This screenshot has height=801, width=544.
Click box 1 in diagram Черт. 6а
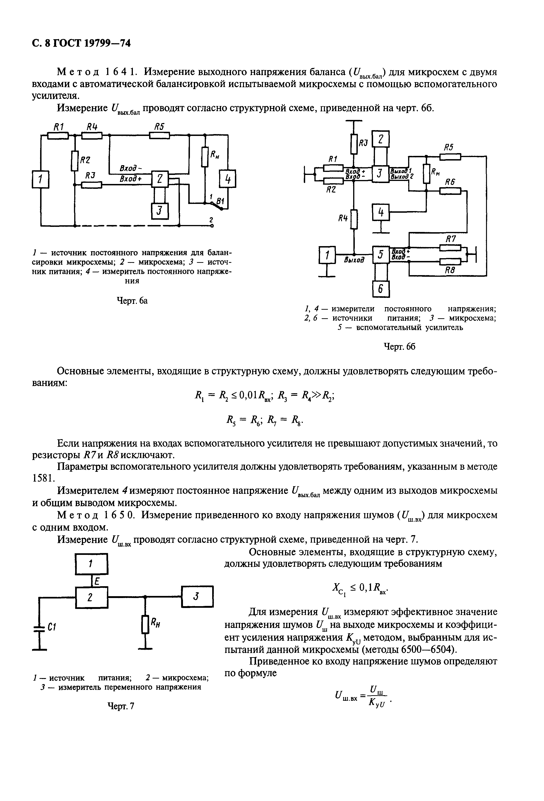tap(41, 180)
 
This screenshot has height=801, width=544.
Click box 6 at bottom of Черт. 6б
tap(381, 289)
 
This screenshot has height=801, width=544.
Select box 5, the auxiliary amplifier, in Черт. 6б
tap(381, 255)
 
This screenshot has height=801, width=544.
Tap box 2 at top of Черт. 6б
tap(381, 139)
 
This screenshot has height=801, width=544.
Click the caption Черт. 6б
tap(399, 346)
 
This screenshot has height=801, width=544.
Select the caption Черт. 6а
tap(132, 301)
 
